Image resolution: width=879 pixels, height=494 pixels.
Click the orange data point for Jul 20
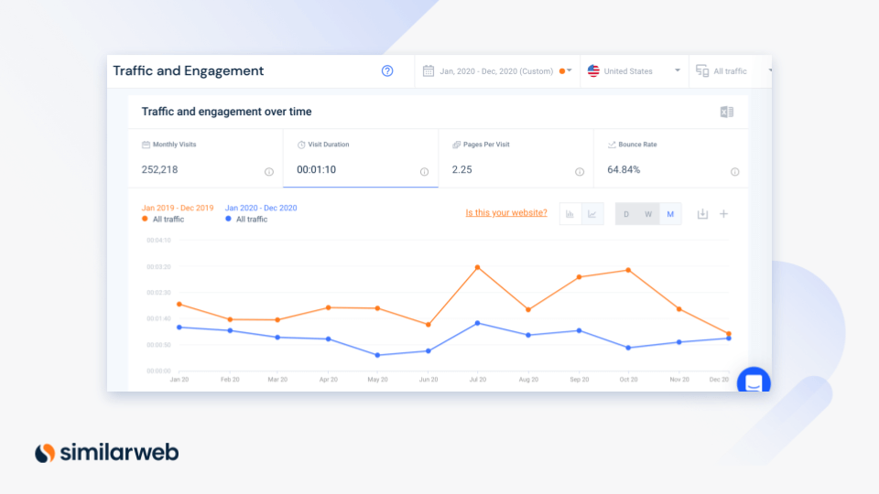click(478, 267)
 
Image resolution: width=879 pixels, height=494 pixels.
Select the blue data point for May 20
click(378, 355)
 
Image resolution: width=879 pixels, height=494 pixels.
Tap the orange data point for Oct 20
click(628, 270)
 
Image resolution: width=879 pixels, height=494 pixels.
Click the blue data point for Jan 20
click(179, 327)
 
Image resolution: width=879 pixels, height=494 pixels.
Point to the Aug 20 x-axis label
click(528, 379)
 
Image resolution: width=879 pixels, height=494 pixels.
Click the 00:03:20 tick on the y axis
click(158, 267)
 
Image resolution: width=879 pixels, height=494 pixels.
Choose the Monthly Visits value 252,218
click(160, 169)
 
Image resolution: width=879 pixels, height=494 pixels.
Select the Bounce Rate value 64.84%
click(624, 169)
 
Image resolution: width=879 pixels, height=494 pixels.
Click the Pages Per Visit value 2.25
click(461, 169)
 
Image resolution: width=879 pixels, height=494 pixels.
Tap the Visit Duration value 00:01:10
click(316, 169)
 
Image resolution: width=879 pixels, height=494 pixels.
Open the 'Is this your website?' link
click(505, 213)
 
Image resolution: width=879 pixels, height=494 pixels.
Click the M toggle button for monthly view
click(670, 214)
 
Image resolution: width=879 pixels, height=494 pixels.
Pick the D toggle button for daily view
click(626, 214)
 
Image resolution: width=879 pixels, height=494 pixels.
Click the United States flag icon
click(593, 70)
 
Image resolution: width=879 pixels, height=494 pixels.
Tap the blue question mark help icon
click(387, 70)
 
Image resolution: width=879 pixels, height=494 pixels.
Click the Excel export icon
click(727, 112)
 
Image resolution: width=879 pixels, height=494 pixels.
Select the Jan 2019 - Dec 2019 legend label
click(178, 208)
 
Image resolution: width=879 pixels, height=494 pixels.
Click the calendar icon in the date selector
click(429, 70)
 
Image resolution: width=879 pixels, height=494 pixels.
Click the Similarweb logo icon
click(45, 452)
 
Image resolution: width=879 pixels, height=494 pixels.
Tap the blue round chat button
click(754, 383)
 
